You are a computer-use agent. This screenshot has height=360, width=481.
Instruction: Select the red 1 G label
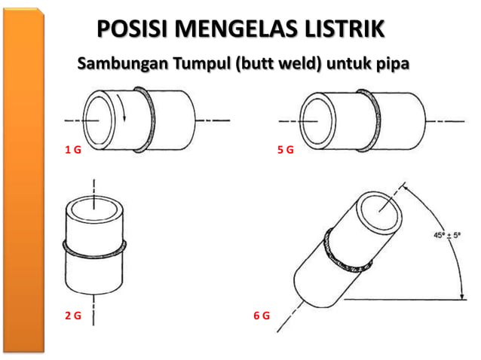72,151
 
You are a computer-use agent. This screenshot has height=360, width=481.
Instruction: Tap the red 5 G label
285,151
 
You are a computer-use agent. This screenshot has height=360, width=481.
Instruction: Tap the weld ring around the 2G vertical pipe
93,247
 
